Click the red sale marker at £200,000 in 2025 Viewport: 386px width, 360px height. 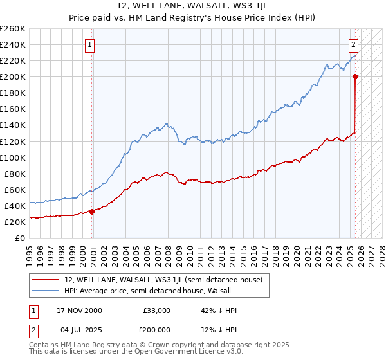(355, 76)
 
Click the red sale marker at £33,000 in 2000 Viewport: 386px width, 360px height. (91, 211)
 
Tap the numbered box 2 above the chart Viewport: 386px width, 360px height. (354, 45)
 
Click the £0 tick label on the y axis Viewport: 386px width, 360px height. (21, 238)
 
